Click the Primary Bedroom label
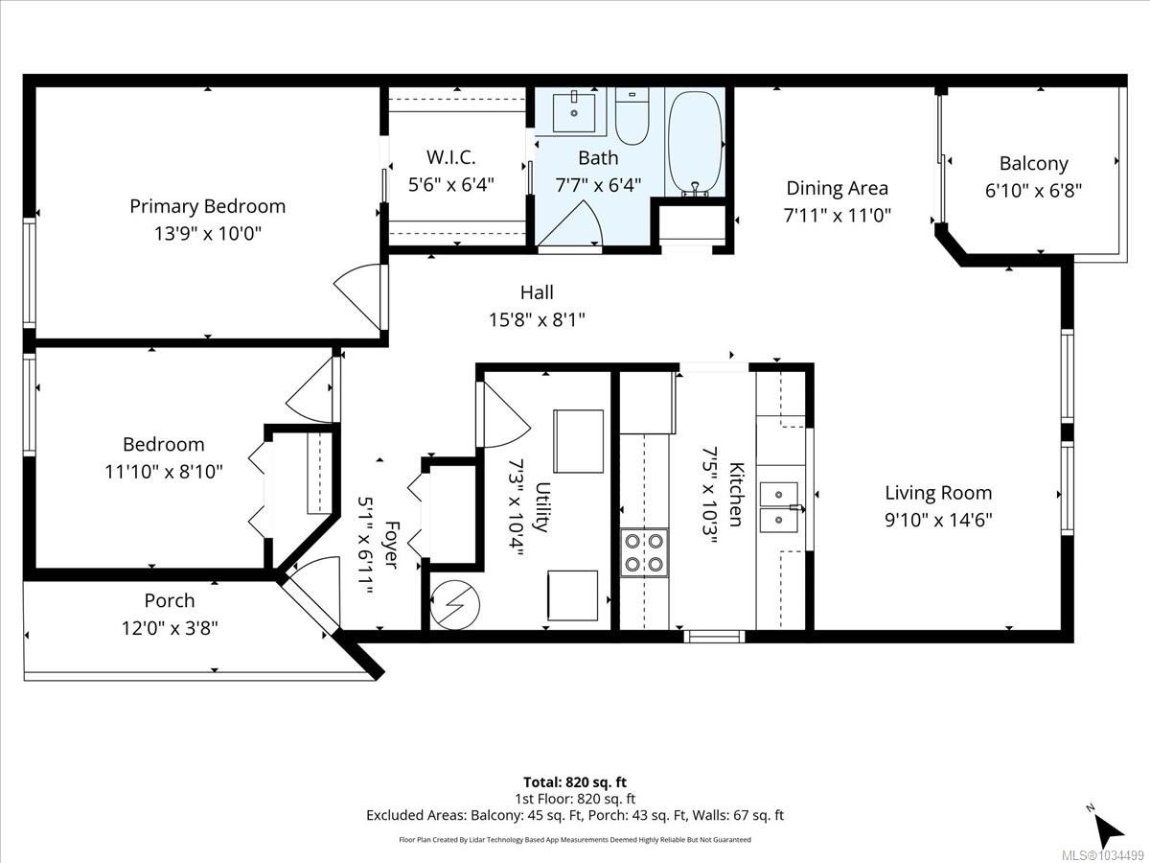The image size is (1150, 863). pos(207,206)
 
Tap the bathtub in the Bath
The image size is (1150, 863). pos(695,142)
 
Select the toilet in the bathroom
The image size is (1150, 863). pos(632,116)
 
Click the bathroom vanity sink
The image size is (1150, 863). pos(574,111)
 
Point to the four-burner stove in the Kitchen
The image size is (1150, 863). pos(644,553)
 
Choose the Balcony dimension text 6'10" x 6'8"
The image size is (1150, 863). pos(1033,191)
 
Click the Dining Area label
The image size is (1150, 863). pos(838,189)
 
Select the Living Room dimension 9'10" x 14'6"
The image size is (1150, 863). pos(938,521)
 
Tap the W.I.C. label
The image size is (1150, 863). pos(450,157)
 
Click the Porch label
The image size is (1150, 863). pos(170,600)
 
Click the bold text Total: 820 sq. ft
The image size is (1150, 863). pos(575,782)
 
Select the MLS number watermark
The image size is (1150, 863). pos(1103,856)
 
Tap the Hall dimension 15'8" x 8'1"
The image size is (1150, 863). pos(537,319)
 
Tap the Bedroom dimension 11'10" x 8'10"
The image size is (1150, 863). pos(164,472)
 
